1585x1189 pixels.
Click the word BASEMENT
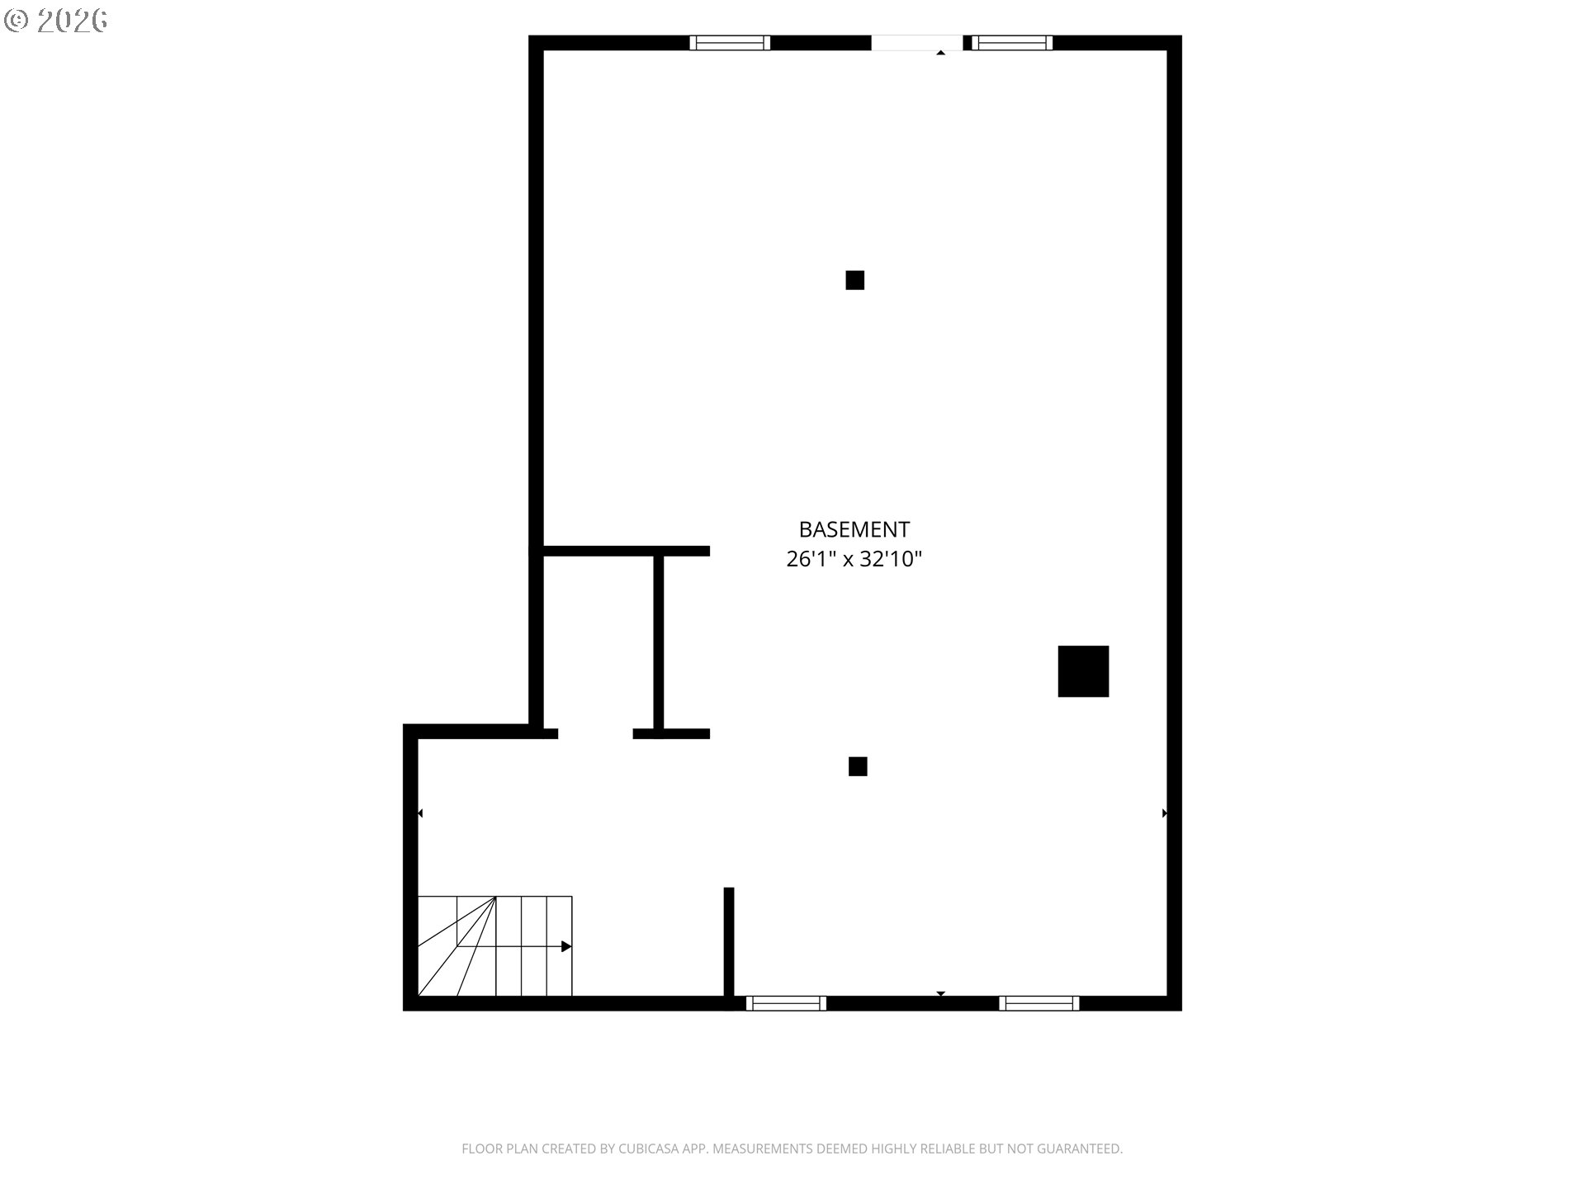coord(854,529)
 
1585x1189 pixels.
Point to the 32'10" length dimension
coord(891,559)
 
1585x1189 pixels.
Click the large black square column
coord(1083,671)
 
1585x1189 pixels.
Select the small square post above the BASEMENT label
coord(854,280)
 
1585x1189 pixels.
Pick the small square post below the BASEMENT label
coord(858,766)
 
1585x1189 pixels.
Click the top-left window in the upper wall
coord(730,43)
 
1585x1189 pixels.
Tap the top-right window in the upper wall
coord(1012,43)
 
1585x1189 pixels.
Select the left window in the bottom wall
coord(786,1003)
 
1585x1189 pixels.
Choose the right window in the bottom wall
coord(1039,1003)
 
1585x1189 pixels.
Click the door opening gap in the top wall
coord(916,43)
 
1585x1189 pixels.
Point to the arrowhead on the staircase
coord(566,946)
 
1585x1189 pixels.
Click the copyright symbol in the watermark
coord(17,21)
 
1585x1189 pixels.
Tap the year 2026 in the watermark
coord(72,21)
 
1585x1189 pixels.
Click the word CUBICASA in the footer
coord(651,1149)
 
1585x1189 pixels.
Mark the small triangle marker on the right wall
coord(1165,813)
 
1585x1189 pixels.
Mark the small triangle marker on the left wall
coord(420,813)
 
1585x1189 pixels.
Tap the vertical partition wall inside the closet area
coord(659,642)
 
